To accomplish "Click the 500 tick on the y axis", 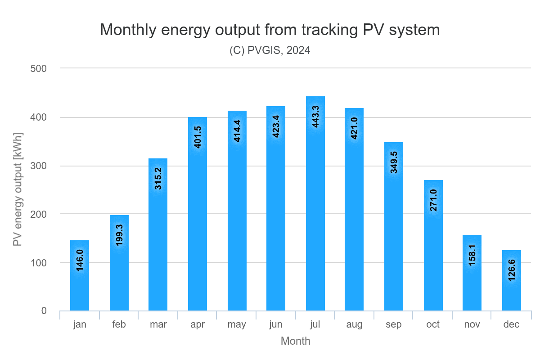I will pos(39,68).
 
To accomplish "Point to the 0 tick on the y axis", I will pos(44,310).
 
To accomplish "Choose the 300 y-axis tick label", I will pos(39,166).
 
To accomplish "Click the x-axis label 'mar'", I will pos(158,324).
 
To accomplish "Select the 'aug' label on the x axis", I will pos(354,324).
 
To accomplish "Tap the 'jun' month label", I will pos(275,324).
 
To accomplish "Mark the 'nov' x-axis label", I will pos(472,324).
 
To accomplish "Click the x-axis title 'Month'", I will pos(296,341).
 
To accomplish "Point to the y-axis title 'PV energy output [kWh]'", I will pos(18,189).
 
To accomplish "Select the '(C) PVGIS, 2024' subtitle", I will pos(270,50).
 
